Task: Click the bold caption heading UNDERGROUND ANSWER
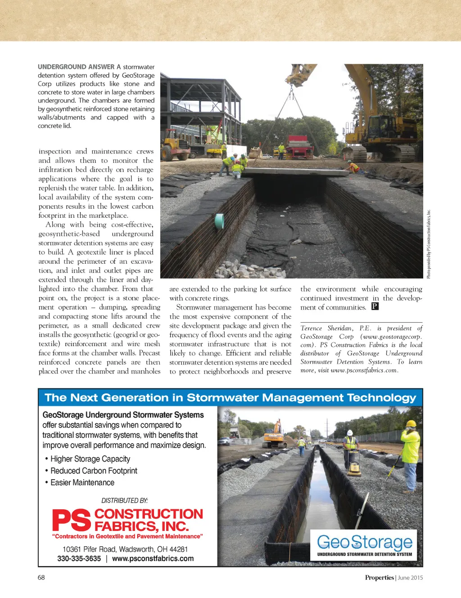point(76,67)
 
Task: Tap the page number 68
point(41,577)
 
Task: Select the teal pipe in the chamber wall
point(220,221)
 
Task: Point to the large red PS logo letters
point(72,520)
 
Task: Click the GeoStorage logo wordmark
point(365,542)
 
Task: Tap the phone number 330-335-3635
point(79,559)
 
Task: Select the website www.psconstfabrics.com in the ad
point(153,559)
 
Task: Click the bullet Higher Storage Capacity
point(90,459)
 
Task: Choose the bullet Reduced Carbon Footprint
point(94,471)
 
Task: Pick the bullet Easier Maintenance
point(82,482)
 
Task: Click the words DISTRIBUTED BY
point(125,500)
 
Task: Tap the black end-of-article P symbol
point(375,306)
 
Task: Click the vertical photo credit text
point(429,243)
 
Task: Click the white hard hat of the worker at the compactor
point(350,433)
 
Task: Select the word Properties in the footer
point(379,578)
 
